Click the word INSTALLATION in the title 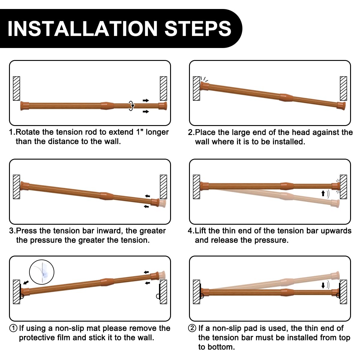click(82, 28)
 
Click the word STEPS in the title click(198, 28)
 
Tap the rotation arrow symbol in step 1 click(131, 106)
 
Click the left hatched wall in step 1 click(16, 88)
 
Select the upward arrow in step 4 click(323, 193)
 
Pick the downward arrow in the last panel click(323, 285)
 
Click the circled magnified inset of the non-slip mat click(42, 272)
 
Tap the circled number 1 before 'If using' click(13, 328)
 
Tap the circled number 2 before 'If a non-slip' click(192, 328)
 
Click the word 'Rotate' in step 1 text click(28, 132)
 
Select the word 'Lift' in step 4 click(200, 231)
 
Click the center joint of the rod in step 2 click(286, 97)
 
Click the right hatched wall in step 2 click(343, 88)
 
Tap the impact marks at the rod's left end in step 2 click(204, 79)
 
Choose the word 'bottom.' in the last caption click(216, 347)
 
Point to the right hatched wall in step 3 click(163, 187)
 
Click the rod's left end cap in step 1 click(25, 106)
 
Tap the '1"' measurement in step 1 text click(138, 132)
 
